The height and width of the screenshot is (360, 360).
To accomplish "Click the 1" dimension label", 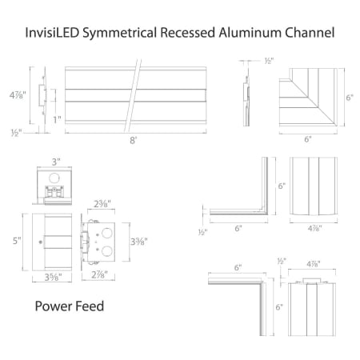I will coord(56,119).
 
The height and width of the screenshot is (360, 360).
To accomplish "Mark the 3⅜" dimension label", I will coord(138,242).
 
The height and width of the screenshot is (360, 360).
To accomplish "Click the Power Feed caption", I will coord(70,306).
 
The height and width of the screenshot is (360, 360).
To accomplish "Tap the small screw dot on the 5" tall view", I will coord(40,241).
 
